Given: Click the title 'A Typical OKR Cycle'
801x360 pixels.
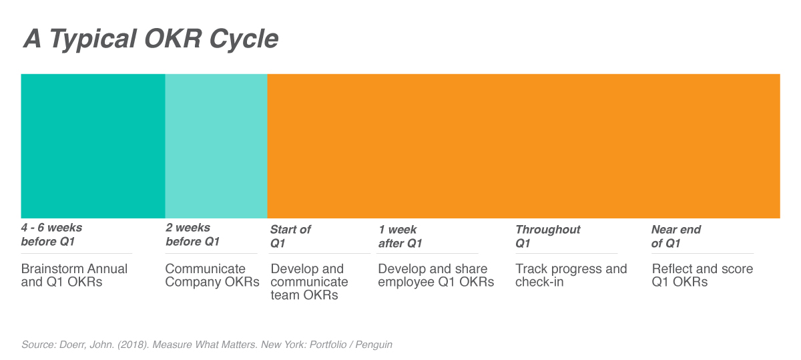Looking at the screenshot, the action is [151, 39].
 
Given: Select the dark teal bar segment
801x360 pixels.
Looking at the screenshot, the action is [93, 146].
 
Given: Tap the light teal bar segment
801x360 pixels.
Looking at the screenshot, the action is [216, 146].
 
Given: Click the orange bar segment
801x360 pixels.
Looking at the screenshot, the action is [523, 146].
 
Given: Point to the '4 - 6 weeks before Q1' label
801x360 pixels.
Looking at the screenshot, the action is [51, 234].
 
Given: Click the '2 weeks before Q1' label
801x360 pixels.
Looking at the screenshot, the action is [192, 234].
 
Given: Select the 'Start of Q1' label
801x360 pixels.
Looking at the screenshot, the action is [290, 236].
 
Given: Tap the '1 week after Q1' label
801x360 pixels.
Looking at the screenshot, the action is [400, 236].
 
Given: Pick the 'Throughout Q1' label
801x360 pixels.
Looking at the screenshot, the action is [548, 236].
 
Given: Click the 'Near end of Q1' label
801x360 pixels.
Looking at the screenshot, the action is [676, 236].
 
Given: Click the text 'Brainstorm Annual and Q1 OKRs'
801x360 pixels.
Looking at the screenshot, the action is [74, 275].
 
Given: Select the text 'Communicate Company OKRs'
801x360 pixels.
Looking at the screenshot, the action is [212, 275].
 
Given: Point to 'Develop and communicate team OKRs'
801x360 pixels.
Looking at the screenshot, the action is [309, 282].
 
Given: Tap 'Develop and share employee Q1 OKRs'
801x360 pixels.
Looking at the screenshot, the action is [436, 275].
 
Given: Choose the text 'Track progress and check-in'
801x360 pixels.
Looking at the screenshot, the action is [571, 275].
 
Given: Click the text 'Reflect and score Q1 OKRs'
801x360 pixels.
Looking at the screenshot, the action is [702, 275].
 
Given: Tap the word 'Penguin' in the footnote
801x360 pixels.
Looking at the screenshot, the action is [374, 345].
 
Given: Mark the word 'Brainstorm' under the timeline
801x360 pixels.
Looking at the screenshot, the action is [52, 268].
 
